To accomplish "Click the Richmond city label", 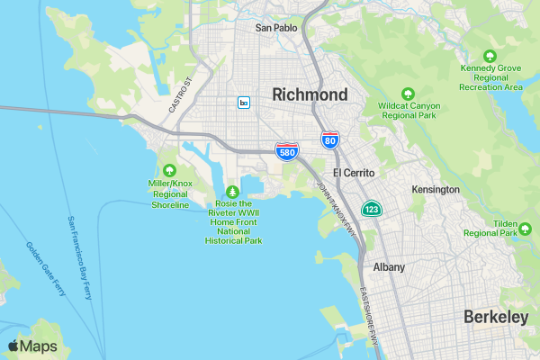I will click(310, 94).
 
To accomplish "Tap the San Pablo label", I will click(275, 28).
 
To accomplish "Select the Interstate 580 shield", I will click(287, 152).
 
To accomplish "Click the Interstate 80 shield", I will click(330, 139).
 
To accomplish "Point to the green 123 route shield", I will click(370, 209).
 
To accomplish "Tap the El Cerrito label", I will click(353, 172).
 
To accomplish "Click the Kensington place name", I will click(436, 190).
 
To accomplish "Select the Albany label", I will click(389, 267).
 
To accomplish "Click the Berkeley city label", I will click(496, 317).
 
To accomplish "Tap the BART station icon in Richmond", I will click(244, 103).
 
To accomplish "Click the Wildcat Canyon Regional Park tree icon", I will click(408, 93).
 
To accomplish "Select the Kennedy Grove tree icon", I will click(490, 56).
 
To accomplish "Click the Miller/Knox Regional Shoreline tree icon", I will click(169, 170).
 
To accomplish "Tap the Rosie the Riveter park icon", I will click(233, 192).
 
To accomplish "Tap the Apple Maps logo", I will click(32, 346).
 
